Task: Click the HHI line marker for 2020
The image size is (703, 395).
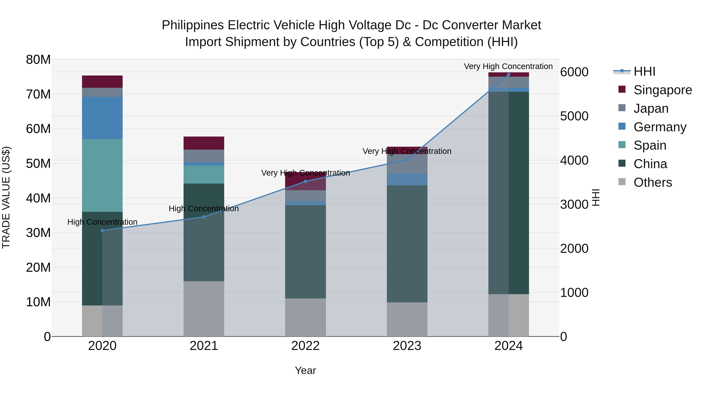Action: pyautogui.click(x=102, y=231)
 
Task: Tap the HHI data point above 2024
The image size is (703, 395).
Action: pyautogui.click(x=509, y=75)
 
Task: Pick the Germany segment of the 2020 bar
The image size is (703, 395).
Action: pyautogui.click(x=102, y=118)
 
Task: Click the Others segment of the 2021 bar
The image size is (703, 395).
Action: pyautogui.click(x=204, y=309)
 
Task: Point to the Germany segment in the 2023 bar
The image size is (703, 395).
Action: pyautogui.click(x=407, y=179)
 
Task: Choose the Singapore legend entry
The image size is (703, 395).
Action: pyautogui.click(x=662, y=90)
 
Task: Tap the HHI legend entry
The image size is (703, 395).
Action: pyautogui.click(x=644, y=71)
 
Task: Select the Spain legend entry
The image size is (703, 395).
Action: pyautogui.click(x=649, y=145)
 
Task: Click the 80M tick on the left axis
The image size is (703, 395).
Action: pyautogui.click(x=38, y=60)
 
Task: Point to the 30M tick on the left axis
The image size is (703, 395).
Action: pyautogui.click(x=38, y=233)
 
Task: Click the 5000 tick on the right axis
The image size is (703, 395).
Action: pyautogui.click(x=574, y=116)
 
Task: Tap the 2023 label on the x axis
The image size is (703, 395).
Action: pyautogui.click(x=407, y=346)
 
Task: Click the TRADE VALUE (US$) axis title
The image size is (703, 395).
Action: pyautogui.click(x=6, y=197)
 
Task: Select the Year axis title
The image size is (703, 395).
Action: pyautogui.click(x=305, y=370)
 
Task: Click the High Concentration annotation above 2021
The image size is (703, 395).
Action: pyautogui.click(x=204, y=209)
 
